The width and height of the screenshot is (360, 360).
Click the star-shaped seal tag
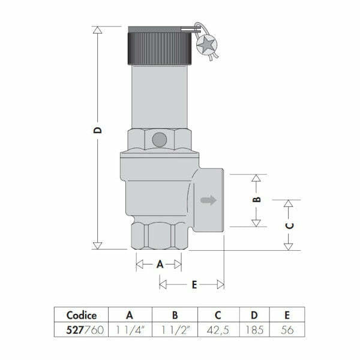[206, 44]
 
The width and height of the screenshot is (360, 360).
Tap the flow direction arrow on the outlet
[208, 200]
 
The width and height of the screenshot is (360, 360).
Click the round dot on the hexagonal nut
[160, 140]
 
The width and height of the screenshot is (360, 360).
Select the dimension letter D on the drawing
[98, 130]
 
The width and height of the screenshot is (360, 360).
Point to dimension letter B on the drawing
[256, 199]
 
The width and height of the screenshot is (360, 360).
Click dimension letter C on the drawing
[289, 226]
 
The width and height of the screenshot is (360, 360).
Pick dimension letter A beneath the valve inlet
[160, 264]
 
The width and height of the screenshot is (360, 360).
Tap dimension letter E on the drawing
[194, 284]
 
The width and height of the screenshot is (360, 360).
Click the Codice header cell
[82, 315]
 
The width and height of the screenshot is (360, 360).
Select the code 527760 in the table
[85, 330]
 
